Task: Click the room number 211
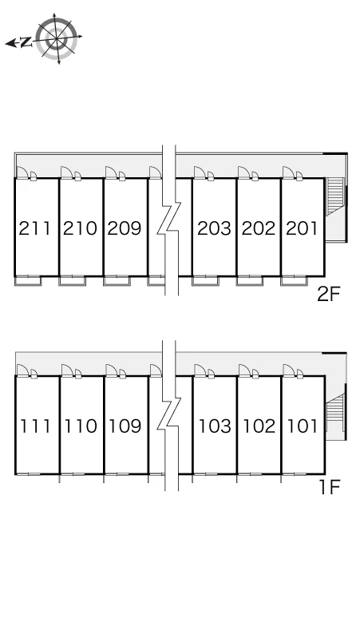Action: (x=34, y=228)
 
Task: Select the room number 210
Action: (x=80, y=228)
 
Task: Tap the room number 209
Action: (x=125, y=228)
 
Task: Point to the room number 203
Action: (x=214, y=228)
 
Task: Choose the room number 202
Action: (x=259, y=228)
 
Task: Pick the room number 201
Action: (x=302, y=228)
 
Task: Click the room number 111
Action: (x=35, y=426)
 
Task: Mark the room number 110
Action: (x=81, y=426)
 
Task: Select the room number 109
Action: (x=125, y=426)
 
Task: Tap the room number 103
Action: (x=215, y=426)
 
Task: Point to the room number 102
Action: (x=259, y=426)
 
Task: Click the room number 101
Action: (x=303, y=426)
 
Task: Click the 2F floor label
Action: (x=329, y=294)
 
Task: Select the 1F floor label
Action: (x=330, y=488)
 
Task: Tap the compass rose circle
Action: (x=57, y=38)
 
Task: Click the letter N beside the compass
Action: (x=26, y=42)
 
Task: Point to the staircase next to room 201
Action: (x=335, y=196)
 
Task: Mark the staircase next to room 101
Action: (x=335, y=413)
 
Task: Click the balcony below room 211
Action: (x=28, y=280)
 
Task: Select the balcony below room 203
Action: (x=205, y=280)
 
